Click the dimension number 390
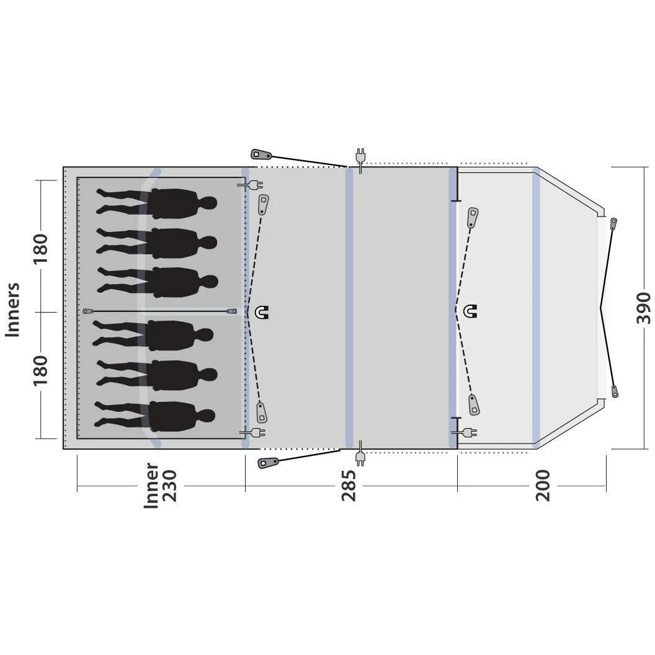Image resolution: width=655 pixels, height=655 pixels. (x=643, y=308)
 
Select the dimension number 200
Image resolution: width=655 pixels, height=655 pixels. (x=543, y=486)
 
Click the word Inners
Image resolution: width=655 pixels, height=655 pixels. (x=13, y=310)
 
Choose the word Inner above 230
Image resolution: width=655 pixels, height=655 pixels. (x=151, y=486)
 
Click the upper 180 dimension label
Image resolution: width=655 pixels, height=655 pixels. (x=41, y=248)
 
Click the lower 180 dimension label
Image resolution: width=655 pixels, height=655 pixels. (x=41, y=370)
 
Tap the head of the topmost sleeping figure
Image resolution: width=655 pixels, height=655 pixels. (x=208, y=203)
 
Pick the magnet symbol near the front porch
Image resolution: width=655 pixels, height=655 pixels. (x=471, y=311)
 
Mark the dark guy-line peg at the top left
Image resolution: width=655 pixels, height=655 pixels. (x=259, y=154)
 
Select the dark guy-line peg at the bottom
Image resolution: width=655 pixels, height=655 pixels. (x=268, y=462)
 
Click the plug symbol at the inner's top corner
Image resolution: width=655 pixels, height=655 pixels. (x=251, y=184)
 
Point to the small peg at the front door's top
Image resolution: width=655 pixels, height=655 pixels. (x=613, y=223)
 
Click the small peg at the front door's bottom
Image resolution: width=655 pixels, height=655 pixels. (x=615, y=391)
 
